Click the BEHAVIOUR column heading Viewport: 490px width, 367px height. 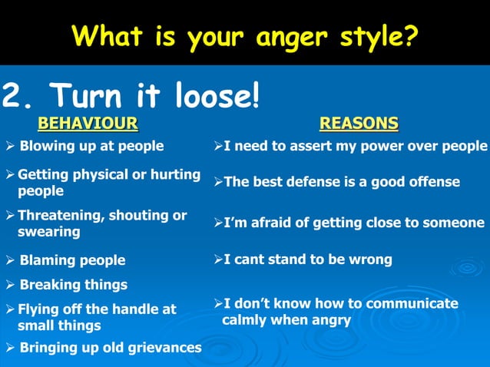pos(88,123)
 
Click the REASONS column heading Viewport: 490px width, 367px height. pos(359,123)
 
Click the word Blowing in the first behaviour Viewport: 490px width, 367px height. pos(45,146)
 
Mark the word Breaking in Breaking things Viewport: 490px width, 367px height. pos(48,285)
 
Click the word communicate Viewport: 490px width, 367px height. pos(415,303)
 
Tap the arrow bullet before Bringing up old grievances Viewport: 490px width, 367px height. pos(10,349)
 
